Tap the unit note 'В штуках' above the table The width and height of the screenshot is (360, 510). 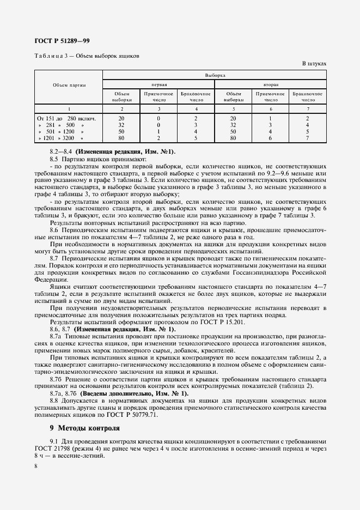click(x=314, y=64)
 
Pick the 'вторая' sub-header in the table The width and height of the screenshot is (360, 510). click(x=271, y=85)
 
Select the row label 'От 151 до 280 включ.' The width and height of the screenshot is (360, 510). click(x=66, y=118)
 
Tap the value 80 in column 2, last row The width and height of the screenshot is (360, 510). click(x=121, y=138)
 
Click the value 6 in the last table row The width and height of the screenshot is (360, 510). click(x=271, y=138)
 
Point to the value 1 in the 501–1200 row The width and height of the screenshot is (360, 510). click(x=158, y=132)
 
